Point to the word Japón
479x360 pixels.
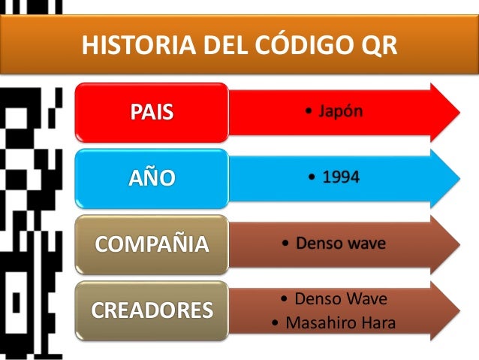[345, 113]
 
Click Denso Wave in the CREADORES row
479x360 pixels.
[341, 299]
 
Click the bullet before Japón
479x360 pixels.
[310, 113]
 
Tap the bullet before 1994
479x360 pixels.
[312, 179]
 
